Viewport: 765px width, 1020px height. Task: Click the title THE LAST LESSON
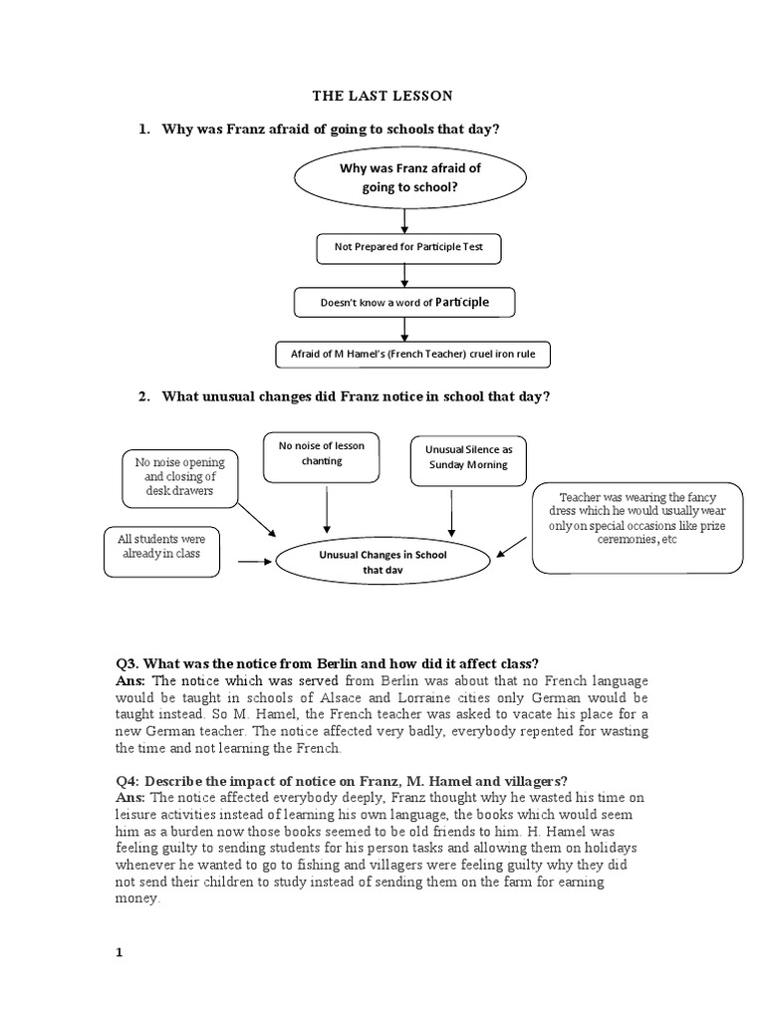pos(382,96)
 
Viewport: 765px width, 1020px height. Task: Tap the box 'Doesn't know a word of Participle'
pos(403,302)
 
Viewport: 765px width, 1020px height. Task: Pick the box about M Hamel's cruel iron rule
pos(411,354)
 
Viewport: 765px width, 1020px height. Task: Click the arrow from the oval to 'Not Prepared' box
pos(403,220)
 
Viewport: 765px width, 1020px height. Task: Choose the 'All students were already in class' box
pos(158,550)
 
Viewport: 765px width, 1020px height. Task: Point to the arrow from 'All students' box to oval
pos(255,562)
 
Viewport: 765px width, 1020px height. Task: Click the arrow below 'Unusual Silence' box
pos(452,513)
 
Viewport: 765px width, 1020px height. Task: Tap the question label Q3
pos(127,664)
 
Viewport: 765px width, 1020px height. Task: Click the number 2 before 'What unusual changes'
pos(142,396)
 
